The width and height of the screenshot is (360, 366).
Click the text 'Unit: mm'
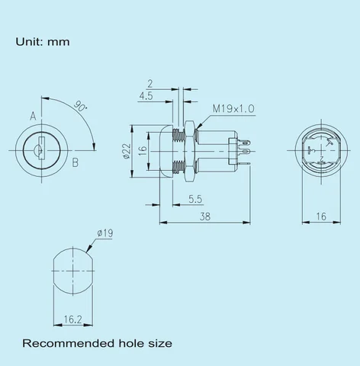[x=43, y=41]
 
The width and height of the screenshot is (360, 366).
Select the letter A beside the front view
[x=33, y=116]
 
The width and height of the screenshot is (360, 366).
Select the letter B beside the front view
[x=76, y=162]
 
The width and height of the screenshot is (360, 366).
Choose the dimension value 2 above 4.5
[x=149, y=83]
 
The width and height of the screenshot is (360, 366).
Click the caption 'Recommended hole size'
[x=96, y=343]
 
